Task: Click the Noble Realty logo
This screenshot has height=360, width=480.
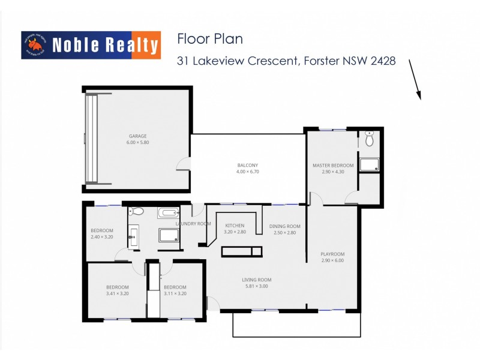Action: point(91,45)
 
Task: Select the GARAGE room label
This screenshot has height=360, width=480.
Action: point(137,136)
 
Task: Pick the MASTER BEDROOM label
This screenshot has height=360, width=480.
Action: point(333,166)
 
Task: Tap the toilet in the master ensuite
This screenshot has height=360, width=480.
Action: point(370,139)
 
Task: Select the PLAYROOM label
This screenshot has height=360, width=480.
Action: point(333,254)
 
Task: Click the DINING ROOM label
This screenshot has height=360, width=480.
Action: point(286,226)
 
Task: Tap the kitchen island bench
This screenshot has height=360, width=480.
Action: point(242,251)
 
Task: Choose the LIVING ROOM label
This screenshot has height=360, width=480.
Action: point(257,280)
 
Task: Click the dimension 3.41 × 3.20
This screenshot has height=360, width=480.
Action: point(117,294)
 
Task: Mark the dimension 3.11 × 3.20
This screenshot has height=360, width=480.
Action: point(175,294)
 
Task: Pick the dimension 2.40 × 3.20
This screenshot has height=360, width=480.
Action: point(101,237)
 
